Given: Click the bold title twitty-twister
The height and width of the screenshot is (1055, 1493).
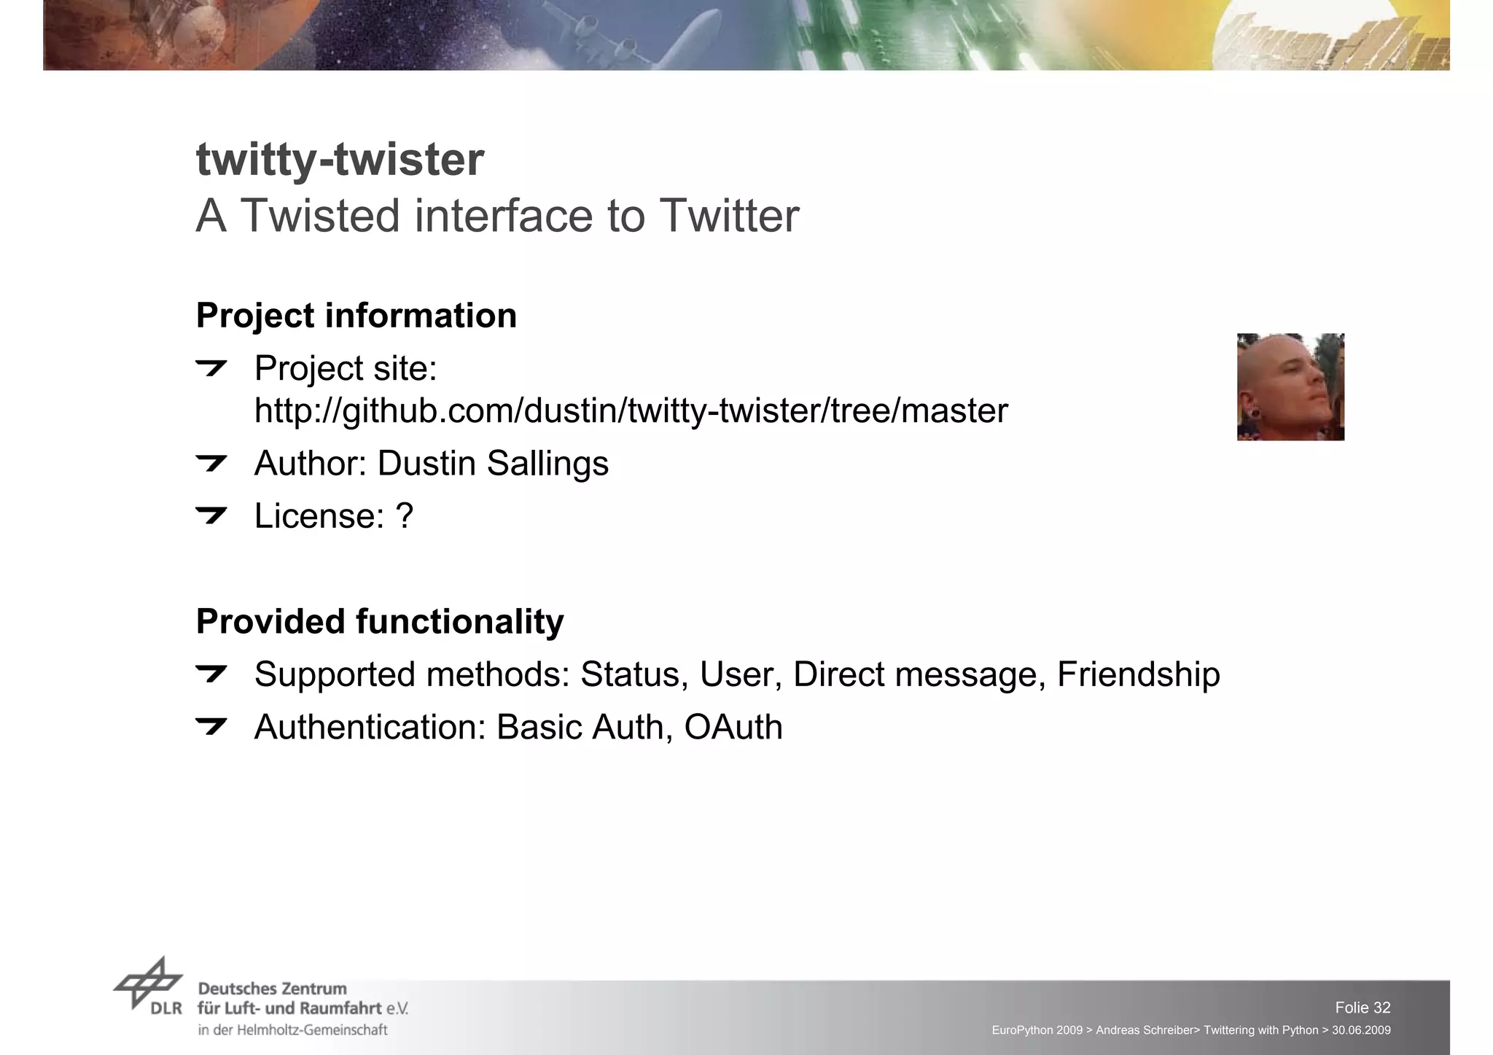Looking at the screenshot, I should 340,160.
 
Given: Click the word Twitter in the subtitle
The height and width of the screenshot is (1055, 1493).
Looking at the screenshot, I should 729,216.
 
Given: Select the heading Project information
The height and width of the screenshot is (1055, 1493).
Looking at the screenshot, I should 356,316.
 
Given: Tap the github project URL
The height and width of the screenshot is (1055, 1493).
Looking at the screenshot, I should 631,410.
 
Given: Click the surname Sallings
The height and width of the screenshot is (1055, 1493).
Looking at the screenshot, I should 547,464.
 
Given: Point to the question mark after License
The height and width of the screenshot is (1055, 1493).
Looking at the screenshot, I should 405,516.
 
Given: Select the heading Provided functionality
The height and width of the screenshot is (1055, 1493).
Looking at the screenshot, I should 380,622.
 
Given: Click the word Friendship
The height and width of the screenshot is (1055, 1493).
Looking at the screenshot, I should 1138,674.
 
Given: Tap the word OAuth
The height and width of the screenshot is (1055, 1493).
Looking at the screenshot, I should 733,728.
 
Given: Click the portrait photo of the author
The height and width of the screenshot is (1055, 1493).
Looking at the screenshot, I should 1290,387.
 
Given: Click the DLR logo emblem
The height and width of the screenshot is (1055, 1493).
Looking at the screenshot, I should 148,984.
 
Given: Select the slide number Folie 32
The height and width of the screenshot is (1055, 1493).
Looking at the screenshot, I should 1363,1008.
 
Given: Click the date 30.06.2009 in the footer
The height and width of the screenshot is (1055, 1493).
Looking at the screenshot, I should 1361,1030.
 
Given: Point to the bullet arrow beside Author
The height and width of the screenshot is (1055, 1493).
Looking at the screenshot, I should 211,463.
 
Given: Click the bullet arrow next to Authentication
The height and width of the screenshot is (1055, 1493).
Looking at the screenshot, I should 211,726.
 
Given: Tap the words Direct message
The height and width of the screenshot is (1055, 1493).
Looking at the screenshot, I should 915,674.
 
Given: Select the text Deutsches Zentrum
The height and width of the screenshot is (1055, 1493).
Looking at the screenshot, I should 272,989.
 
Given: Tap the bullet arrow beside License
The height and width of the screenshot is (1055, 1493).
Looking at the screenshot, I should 211,515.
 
